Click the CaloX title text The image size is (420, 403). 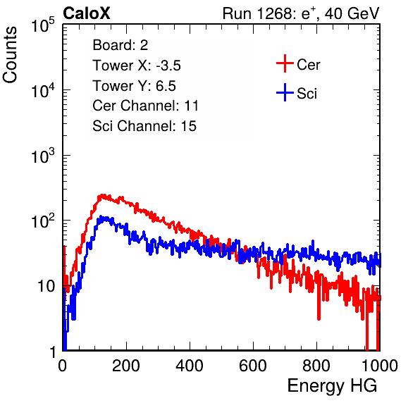87,13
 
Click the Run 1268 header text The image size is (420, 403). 301,13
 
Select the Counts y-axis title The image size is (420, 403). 10,55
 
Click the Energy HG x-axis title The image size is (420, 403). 332,386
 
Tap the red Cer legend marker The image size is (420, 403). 285,63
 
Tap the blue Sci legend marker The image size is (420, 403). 285,92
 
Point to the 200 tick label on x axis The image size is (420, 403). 126,366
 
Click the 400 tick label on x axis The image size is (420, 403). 190,366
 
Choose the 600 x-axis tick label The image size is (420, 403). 253,366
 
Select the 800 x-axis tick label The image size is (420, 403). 316,366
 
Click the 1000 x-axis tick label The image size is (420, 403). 380,366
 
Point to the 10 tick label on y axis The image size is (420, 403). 47,286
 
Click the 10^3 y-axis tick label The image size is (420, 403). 44,156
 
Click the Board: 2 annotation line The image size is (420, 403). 121,45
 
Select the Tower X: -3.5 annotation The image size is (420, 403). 137,66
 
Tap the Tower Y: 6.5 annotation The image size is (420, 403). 134,86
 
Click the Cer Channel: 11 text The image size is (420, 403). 145,106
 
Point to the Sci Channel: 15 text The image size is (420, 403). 144,126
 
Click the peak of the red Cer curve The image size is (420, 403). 102,196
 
